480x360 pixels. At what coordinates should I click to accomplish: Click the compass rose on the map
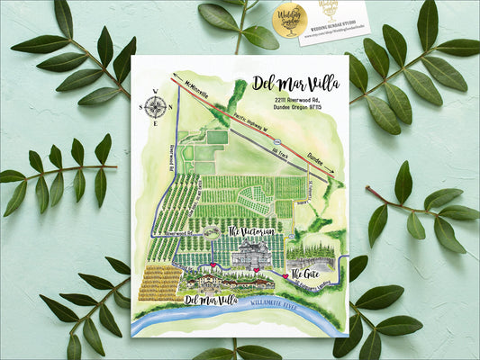click(155, 106)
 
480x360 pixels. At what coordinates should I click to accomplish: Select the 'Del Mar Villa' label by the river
click(213, 298)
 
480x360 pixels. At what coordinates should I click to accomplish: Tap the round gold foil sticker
click(290, 19)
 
